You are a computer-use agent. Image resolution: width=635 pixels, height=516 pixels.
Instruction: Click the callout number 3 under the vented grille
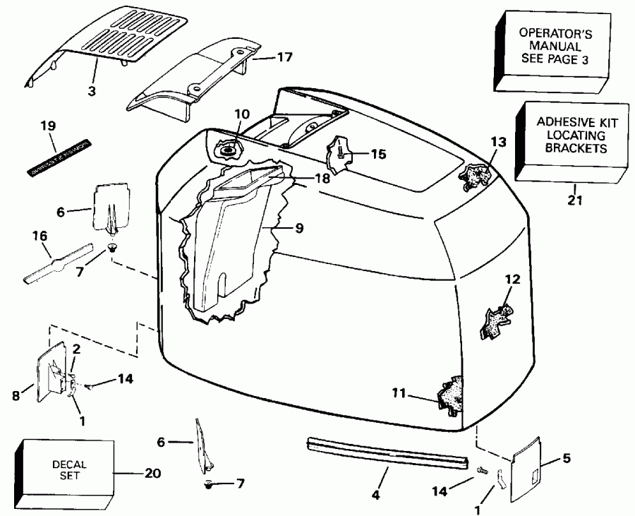pos(92,90)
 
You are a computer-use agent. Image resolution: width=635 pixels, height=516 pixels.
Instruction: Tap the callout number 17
pos(284,56)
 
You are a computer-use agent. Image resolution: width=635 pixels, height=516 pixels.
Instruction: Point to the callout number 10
pos(242,114)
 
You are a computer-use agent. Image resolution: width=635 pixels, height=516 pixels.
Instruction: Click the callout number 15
pos(378,153)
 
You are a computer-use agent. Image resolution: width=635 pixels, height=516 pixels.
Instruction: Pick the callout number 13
pos(499,142)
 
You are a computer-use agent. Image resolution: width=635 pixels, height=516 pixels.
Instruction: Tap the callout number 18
pos(322,179)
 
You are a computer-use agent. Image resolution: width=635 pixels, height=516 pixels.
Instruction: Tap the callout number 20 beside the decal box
pos(152,473)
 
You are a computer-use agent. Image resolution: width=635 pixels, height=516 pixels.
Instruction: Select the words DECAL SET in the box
pos(69,470)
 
